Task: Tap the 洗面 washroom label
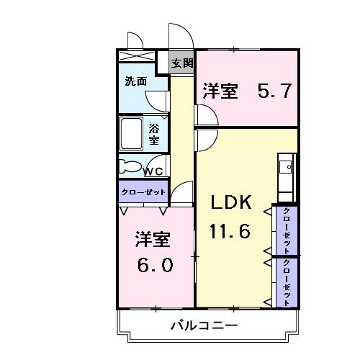coord(135,81)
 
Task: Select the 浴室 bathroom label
coord(154,133)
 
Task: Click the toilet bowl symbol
coord(131,166)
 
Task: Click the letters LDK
coord(230,204)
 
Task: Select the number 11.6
coord(230,232)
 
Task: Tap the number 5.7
coord(274,91)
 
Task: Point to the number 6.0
coord(156,265)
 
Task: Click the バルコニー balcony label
coord(204,325)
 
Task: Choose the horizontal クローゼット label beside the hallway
coord(143,192)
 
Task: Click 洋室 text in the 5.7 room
coord(220,91)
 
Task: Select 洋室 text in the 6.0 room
coord(154,238)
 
